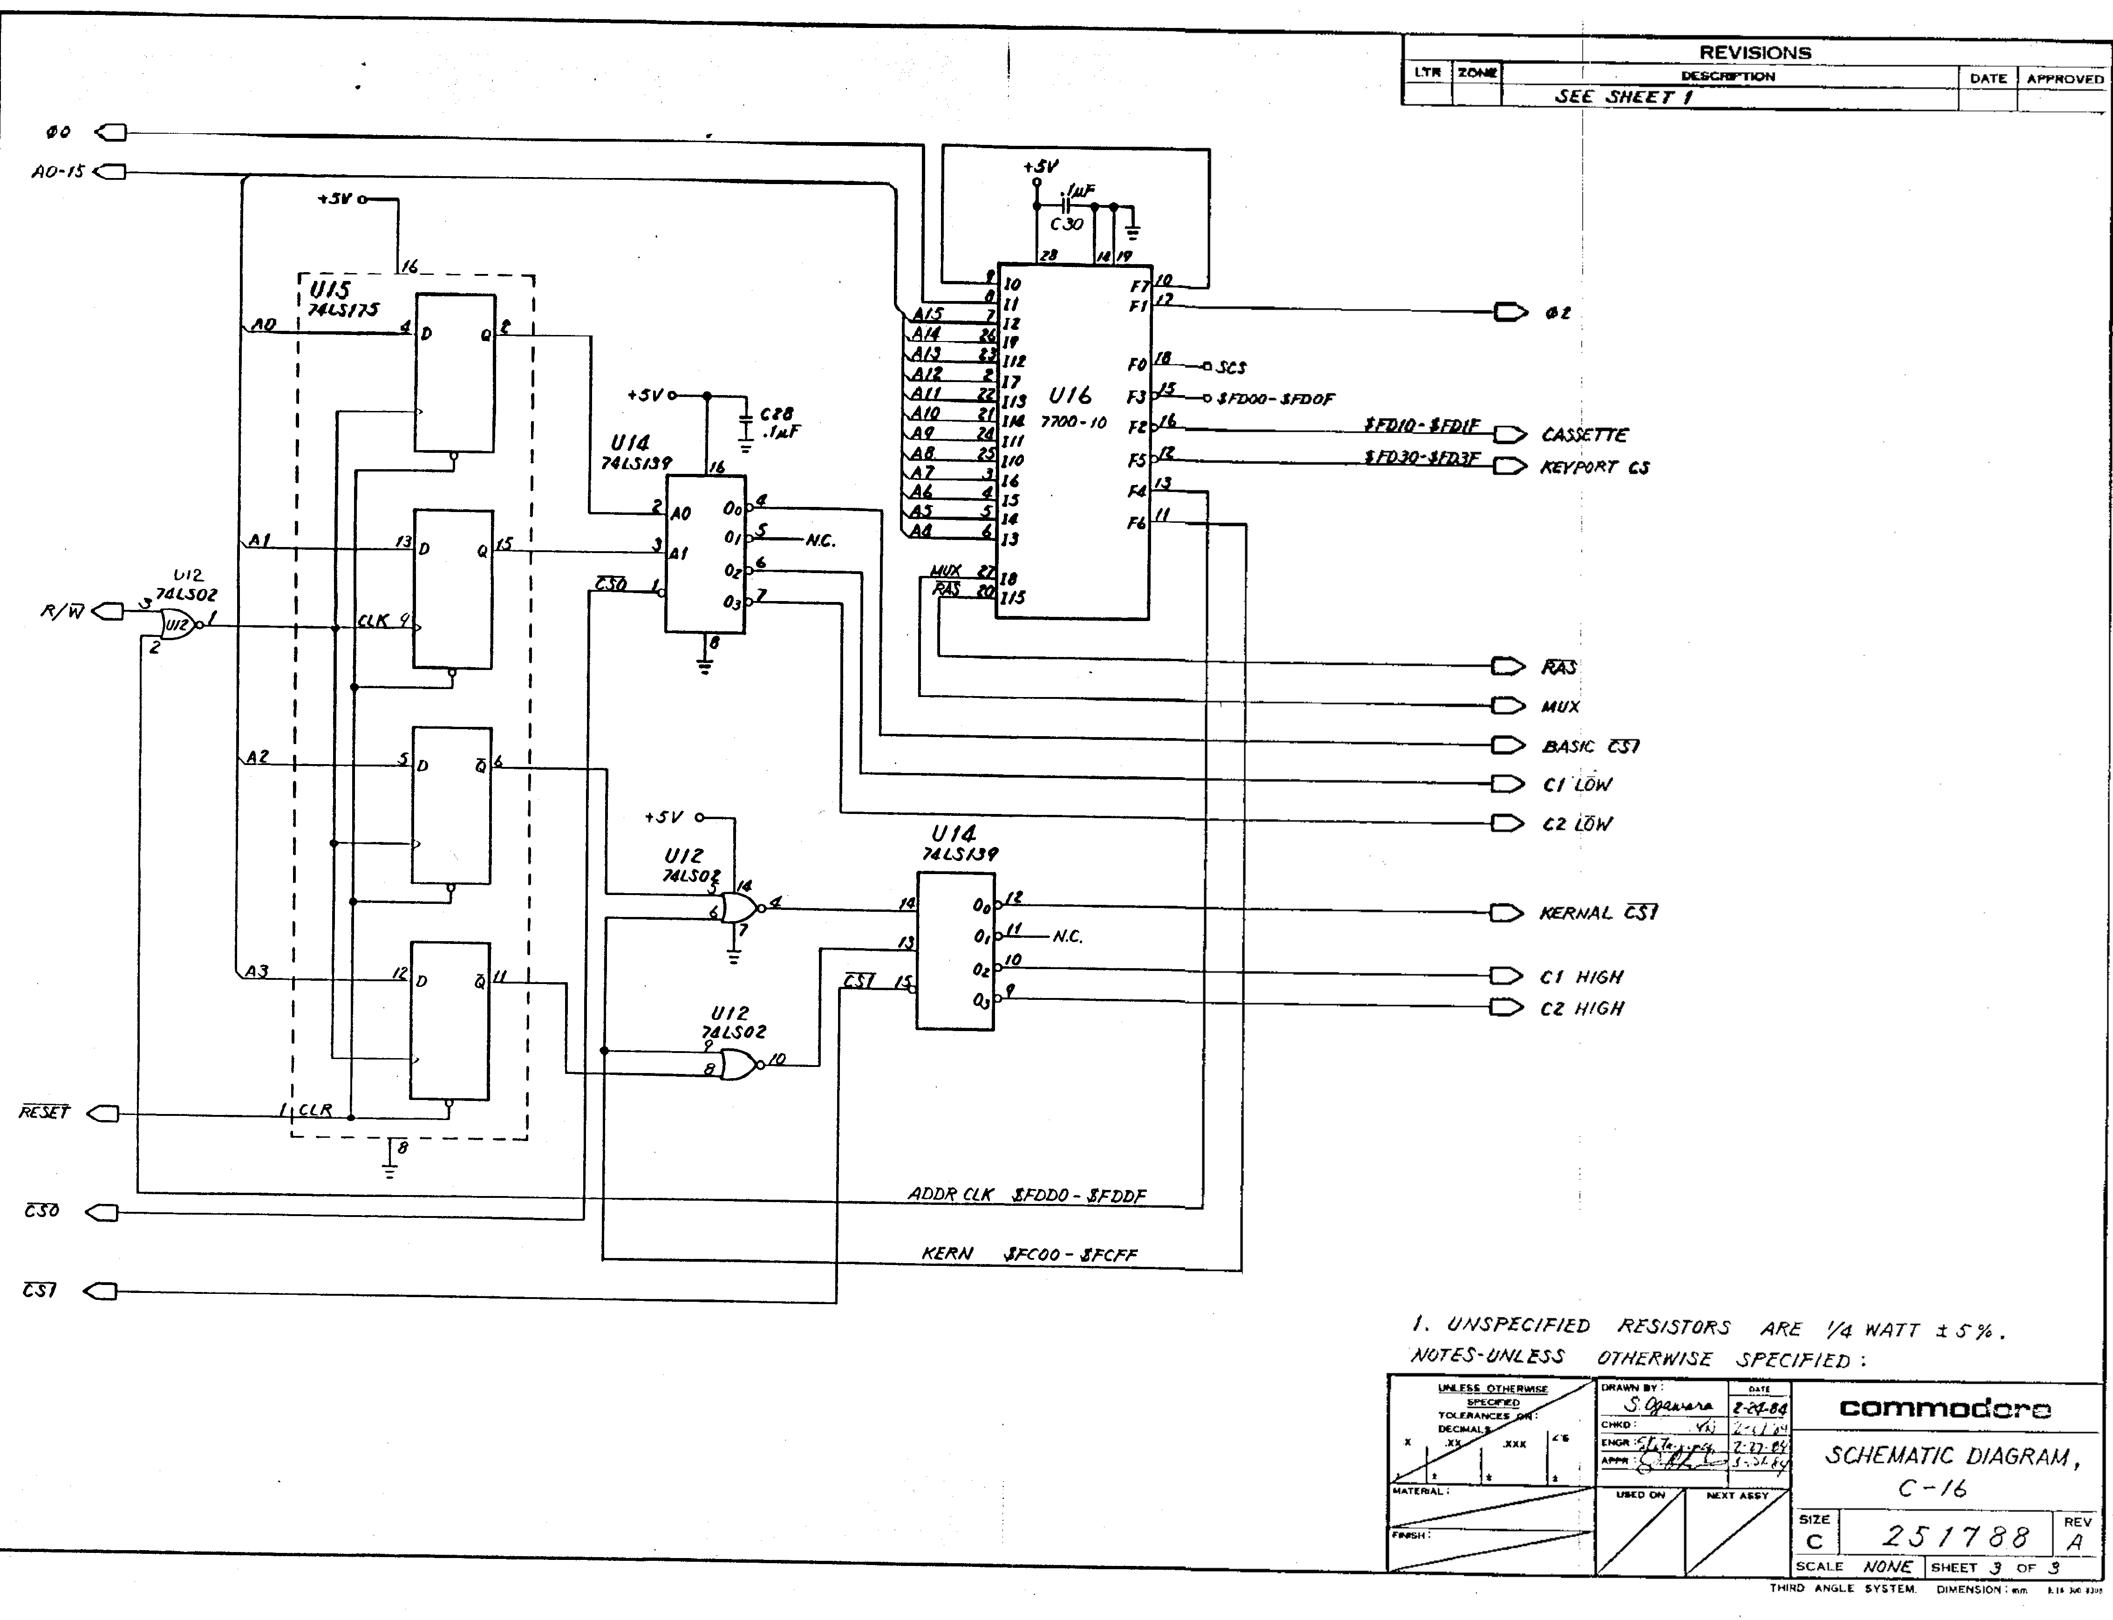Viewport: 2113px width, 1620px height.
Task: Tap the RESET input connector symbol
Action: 102,1114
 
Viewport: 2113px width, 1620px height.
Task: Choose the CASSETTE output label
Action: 1584,435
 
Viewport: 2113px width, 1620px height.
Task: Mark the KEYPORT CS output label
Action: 1595,468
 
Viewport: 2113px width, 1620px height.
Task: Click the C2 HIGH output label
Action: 1582,1009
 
